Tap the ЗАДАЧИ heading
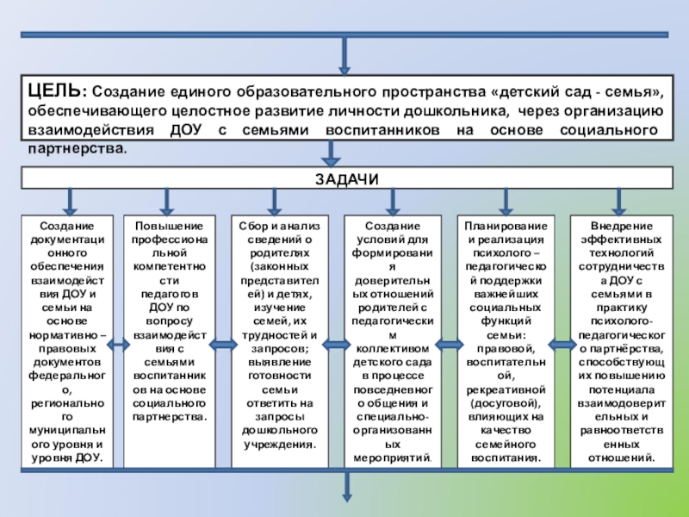[345, 178]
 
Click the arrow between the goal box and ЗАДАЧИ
[331, 155]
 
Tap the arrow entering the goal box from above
[344, 56]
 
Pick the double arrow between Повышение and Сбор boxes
[221, 346]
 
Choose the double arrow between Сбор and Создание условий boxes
[332, 346]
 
